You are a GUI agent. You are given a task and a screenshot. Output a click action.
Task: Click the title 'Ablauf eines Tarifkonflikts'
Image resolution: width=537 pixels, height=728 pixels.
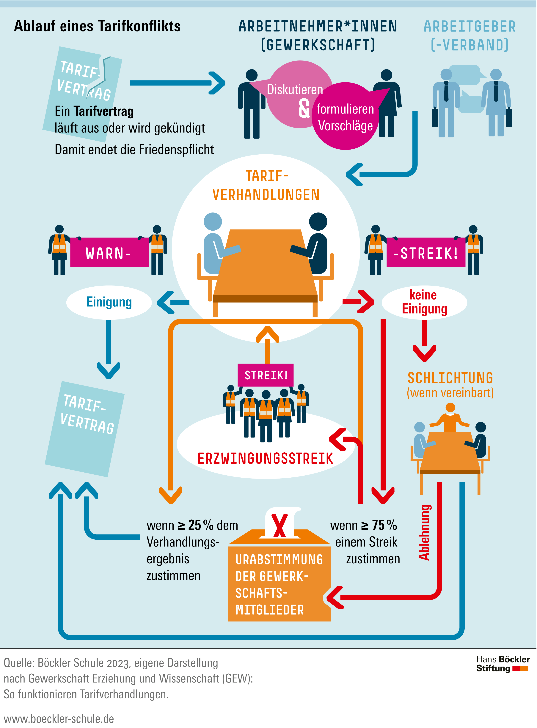pos(97,26)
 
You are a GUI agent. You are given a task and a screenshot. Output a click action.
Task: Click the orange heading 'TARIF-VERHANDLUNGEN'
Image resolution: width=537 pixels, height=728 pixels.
pos(266,185)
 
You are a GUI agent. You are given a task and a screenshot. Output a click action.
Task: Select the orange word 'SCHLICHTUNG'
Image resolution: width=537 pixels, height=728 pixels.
pos(450,378)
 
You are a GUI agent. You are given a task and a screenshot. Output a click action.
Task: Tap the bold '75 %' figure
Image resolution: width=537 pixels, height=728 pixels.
pos(384,525)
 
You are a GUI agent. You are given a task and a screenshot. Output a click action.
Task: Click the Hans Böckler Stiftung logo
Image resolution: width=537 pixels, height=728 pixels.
pos(503,664)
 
